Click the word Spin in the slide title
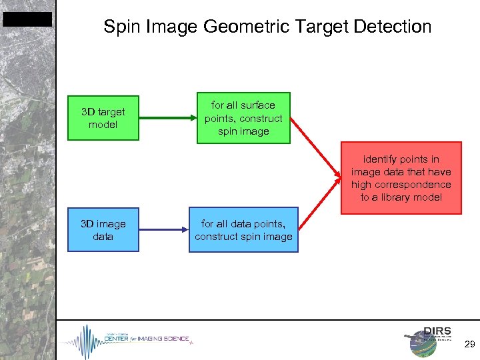pyautogui.click(x=119, y=27)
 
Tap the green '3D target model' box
pyautogui.click(x=103, y=118)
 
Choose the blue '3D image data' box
pyautogui.click(x=103, y=230)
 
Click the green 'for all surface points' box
pyautogui.click(x=243, y=118)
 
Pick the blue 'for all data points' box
pyautogui.click(x=243, y=230)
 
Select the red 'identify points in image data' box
pyautogui.click(x=401, y=178)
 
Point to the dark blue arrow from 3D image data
pyautogui.click(x=163, y=230)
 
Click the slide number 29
pyautogui.click(x=469, y=345)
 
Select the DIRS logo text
pyautogui.click(x=437, y=331)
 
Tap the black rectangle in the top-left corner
pyautogui.click(x=27, y=19)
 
